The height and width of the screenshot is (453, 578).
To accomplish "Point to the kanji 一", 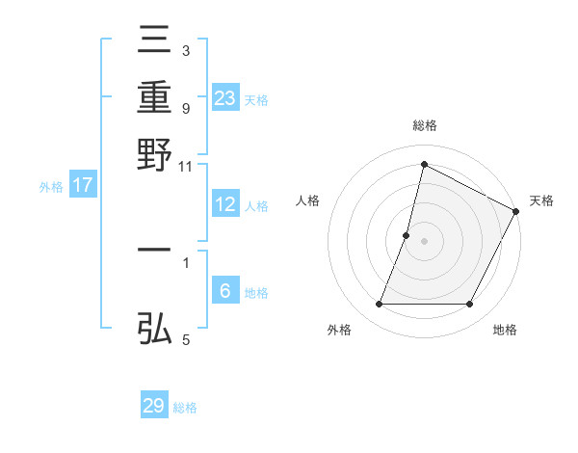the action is tap(155, 250).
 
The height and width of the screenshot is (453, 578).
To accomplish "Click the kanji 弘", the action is tap(155, 330).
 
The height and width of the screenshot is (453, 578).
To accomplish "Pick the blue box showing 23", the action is tap(225, 98).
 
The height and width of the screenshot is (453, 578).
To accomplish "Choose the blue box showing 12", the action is tap(225, 204).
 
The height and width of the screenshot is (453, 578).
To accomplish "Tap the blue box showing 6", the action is tap(225, 291).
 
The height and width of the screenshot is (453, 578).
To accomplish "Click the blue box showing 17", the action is tap(83, 186).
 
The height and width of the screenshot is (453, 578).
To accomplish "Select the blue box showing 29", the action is tap(154, 406).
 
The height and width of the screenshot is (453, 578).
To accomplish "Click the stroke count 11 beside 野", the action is tap(186, 167).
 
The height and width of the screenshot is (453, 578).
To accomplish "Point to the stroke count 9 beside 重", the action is tap(186, 108).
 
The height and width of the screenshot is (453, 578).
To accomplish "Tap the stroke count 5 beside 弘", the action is tap(186, 339).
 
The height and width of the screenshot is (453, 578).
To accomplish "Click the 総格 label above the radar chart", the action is tap(424, 125).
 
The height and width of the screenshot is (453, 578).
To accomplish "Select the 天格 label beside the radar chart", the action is tap(541, 200).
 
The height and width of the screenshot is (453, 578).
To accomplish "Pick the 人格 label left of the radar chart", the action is tap(308, 200).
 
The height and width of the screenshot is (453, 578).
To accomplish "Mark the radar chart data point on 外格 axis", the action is tap(379, 305).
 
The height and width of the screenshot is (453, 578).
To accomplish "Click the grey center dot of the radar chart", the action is tap(424, 240).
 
